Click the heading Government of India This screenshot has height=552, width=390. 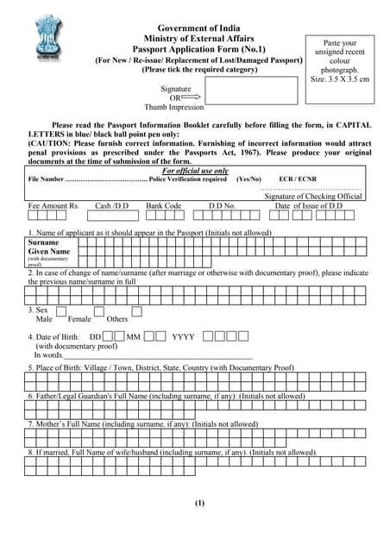[x=198, y=29]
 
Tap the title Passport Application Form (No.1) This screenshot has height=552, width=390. [x=198, y=50]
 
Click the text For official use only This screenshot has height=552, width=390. [x=195, y=171]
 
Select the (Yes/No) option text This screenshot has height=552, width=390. [x=248, y=179]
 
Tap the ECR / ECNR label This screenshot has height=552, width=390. [x=297, y=179]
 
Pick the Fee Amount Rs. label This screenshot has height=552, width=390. [x=53, y=207]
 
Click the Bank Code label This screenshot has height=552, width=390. [x=164, y=207]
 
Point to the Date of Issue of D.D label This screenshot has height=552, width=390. [x=308, y=207]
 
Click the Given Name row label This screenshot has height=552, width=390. [x=48, y=252]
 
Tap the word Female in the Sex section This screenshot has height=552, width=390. [x=79, y=319]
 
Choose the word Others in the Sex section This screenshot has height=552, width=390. [x=117, y=319]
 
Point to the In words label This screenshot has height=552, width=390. [x=48, y=354]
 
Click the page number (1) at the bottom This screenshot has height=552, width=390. [x=199, y=503]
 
